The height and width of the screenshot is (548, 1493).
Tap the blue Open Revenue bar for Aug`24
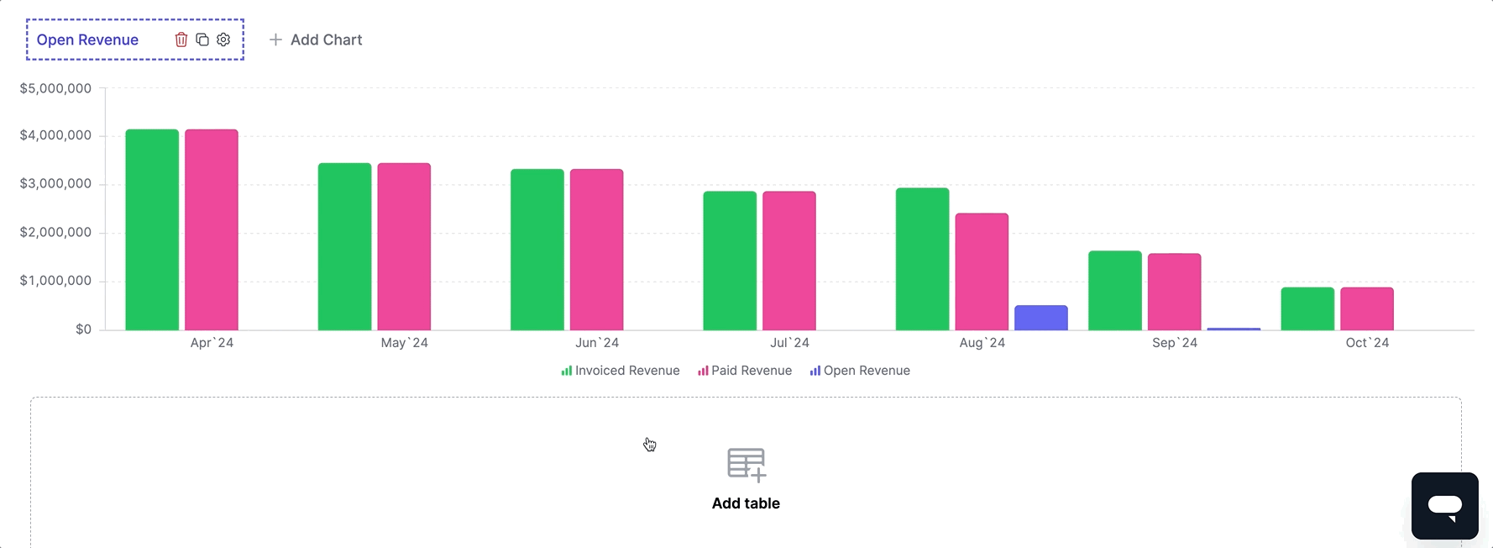[x=1040, y=318]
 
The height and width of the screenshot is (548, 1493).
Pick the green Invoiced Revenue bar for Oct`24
[x=1307, y=308]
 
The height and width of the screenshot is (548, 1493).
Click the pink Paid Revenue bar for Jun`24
[x=596, y=250]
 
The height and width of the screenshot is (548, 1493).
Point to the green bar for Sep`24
[x=1115, y=290]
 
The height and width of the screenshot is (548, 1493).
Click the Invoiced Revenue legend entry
[x=621, y=371]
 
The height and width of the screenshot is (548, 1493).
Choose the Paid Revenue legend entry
[x=745, y=371]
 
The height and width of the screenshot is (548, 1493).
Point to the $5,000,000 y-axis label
[x=55, y=88]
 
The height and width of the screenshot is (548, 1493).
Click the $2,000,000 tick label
[x=55, y=233]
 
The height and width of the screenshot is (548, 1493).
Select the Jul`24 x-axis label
[x=789, y=343]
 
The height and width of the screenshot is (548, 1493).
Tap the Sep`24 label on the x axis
[x=1175, y=343]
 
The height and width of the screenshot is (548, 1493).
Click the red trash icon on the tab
[x=181, y=40]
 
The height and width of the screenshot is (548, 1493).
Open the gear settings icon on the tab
[x=223, y=40]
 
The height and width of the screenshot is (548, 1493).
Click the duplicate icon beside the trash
[x=202, y=40]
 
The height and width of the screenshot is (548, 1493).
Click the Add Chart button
[x=316, y=40]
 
